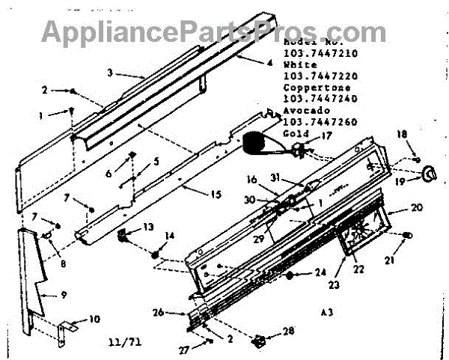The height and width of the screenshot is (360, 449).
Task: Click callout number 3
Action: [109, 73]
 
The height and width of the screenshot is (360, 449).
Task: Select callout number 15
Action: [216, 195]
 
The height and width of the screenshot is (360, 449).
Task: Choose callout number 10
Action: [95, 319]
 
